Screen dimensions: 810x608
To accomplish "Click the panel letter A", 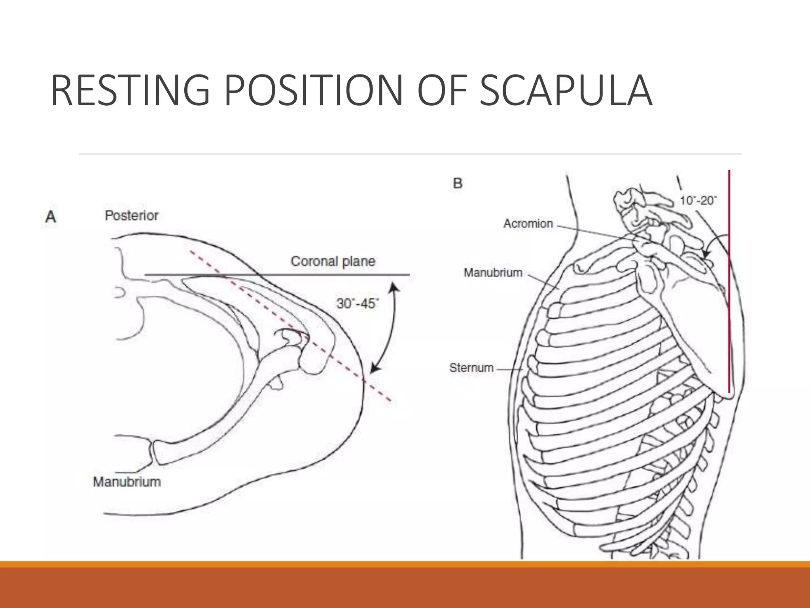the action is click(50, 217).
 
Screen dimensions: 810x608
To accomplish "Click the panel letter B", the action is click(458, 183).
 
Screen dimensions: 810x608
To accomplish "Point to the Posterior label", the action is click(131, 216).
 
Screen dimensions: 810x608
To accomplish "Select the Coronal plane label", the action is click(333, 261).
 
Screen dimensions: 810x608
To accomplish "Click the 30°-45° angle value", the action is click(358, 304).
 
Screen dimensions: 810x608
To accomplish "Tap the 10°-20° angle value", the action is click(698, 201).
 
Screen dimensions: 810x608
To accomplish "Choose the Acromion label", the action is click(528, 224).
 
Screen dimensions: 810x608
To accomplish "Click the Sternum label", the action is click(471, 368).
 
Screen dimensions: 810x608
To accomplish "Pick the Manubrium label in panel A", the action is click(127, 482).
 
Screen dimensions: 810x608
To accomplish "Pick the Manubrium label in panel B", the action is click(493, 273).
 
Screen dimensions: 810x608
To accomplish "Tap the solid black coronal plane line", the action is click(277, 274).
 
